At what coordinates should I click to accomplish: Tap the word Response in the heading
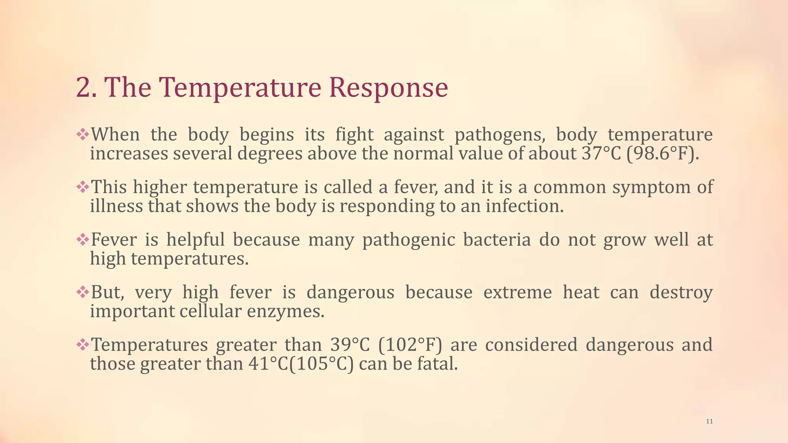[388, 88]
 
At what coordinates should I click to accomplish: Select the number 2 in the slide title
[83, 88]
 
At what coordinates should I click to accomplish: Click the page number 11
[710, 421]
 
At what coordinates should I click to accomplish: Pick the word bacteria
[497, 240]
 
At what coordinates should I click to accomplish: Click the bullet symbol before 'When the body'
[82, 135]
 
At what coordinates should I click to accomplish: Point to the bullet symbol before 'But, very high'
[82, 292]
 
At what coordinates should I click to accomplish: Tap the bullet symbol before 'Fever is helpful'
[82, 240]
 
